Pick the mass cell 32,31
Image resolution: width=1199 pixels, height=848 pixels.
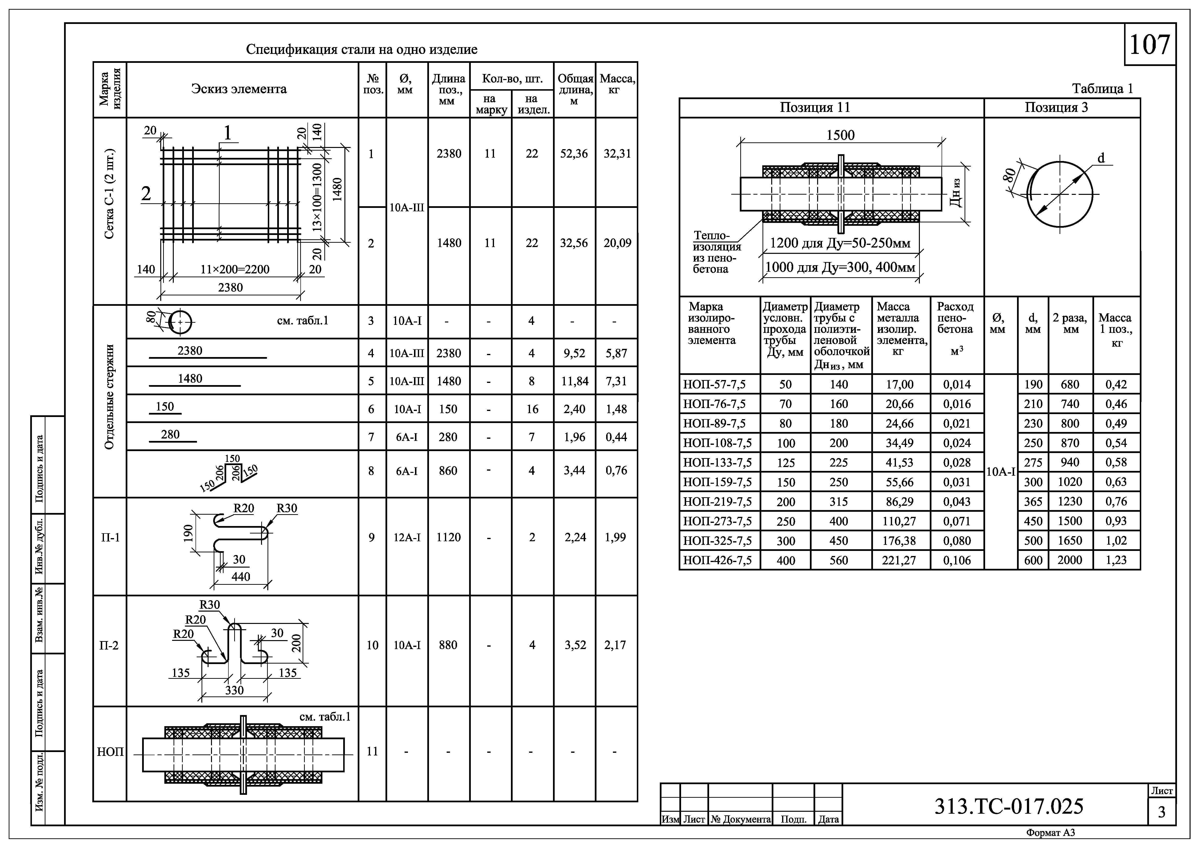(617, 154)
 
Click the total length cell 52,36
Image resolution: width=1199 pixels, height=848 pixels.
(574, 154)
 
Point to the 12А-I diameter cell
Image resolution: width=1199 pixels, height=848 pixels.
(407, 537)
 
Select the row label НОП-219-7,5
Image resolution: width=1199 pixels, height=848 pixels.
(718, 502)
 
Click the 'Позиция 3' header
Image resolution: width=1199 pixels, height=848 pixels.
(1056, 108)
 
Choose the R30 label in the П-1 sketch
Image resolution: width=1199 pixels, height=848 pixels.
(287, 508)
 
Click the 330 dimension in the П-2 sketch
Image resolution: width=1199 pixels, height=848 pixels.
(234, 690)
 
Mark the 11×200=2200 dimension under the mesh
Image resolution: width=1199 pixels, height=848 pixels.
(235, 270)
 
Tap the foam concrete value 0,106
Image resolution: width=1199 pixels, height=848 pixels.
(957, 560)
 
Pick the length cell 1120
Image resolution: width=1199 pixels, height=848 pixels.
(449, 537)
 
